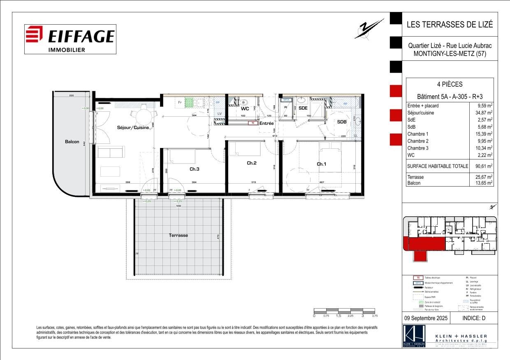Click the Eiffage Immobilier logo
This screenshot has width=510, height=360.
70,39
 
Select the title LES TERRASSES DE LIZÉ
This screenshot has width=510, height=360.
449,24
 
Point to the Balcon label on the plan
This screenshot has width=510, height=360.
72,142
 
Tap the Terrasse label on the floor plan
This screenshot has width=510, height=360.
178,235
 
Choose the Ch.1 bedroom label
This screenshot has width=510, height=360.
321,164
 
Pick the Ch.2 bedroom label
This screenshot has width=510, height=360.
251,163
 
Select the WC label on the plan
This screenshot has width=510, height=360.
245,109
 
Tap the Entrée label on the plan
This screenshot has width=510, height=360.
267,123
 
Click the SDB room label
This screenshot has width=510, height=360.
341,122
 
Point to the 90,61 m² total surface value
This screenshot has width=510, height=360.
484,166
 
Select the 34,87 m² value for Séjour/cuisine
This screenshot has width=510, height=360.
484,113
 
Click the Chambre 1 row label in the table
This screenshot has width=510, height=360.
417,134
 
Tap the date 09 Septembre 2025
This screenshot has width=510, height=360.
426,318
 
